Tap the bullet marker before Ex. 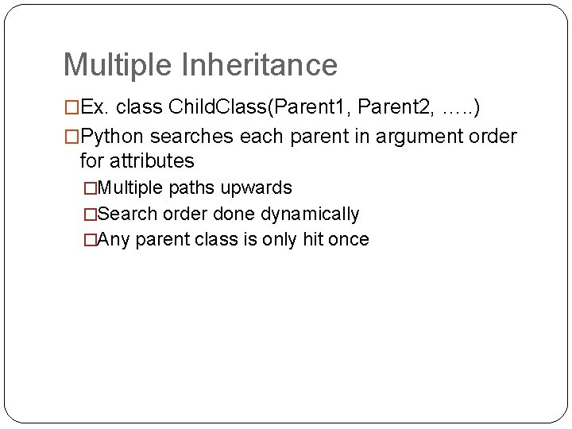(71, 107)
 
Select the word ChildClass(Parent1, (258, 107)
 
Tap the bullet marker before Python (71, 137)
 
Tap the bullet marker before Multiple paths (90, 188)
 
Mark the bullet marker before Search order (90, 214)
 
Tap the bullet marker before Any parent (90, 240)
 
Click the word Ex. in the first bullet (95, 107)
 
